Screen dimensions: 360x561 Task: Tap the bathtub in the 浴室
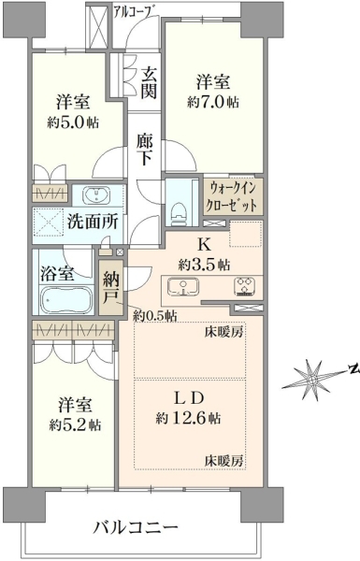coord(66,300)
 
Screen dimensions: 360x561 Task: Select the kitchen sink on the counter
coord(183,287)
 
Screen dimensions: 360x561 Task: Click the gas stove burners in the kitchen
coord(244,287)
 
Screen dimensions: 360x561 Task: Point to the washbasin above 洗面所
coord(96,195)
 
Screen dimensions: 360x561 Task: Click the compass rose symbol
coord(312,378)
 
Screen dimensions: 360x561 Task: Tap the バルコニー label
coord(137,527)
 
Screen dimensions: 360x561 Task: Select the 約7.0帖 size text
coord(213,102)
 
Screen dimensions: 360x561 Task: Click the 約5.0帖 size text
coord(73,122)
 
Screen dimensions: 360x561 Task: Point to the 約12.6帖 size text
coord(188,418)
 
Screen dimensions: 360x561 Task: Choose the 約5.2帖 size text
coord(75,425)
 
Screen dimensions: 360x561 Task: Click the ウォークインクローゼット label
coord(233,196)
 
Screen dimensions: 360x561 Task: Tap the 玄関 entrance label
coord(148,83)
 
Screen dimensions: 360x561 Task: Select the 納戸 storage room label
coord(111,288)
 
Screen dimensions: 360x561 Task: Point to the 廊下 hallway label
coord(145,150)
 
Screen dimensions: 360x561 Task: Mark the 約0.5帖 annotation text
coord(155,316)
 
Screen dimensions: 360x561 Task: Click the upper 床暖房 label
coord(224,332)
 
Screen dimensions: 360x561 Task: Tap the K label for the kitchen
coord(204,245)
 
